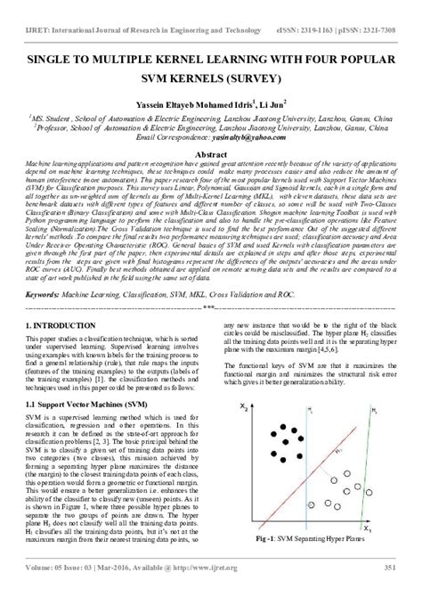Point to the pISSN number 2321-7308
pos(393,7)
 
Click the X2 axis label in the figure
pos(243,407)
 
